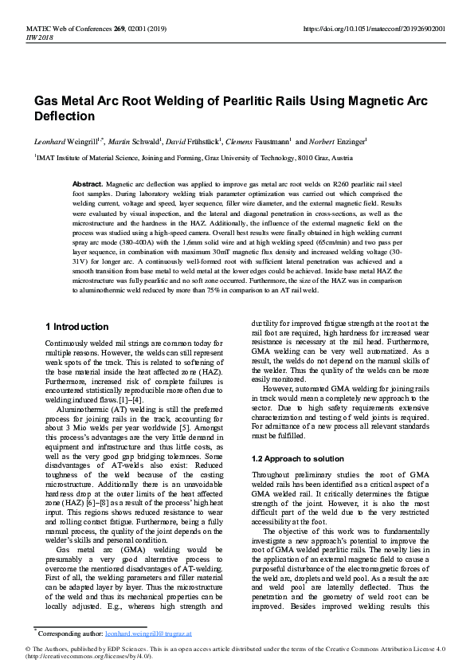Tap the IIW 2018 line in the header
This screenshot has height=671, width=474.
(x=41, y=36)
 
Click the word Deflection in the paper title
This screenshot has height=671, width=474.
(x=64, y=116)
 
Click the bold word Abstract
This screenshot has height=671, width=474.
(x=88, y=183)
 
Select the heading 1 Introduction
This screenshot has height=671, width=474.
(x=77, y=327)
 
